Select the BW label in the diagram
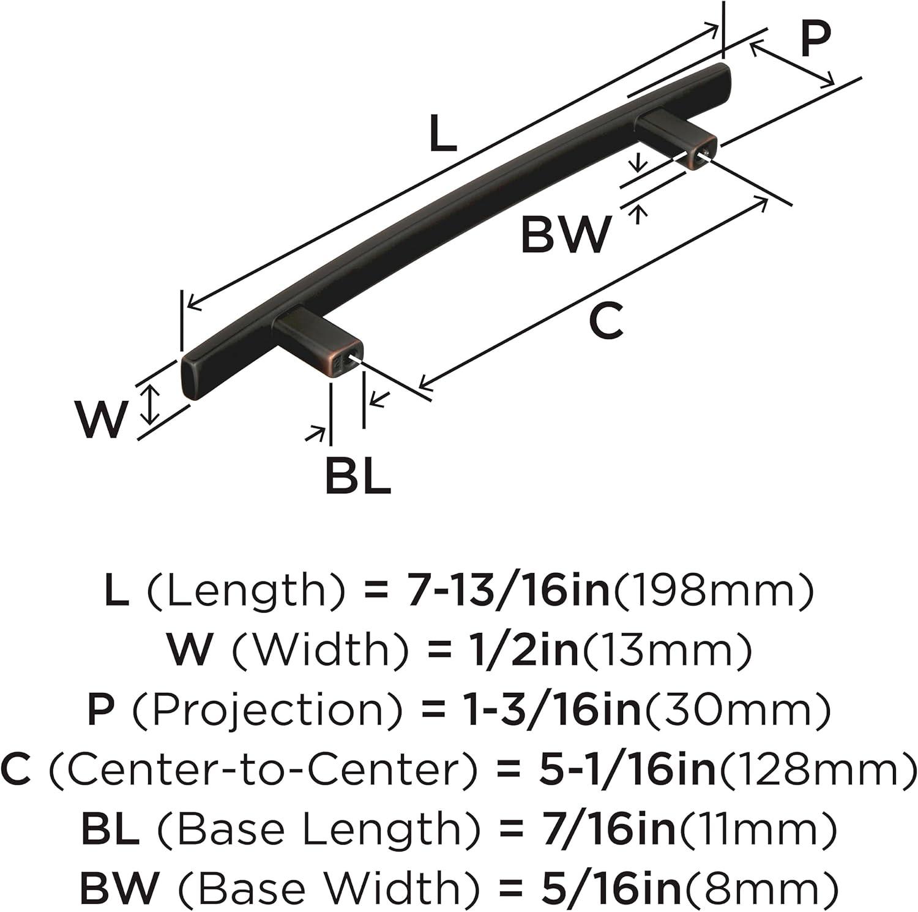pyautogui.click(x=565, y=234)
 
